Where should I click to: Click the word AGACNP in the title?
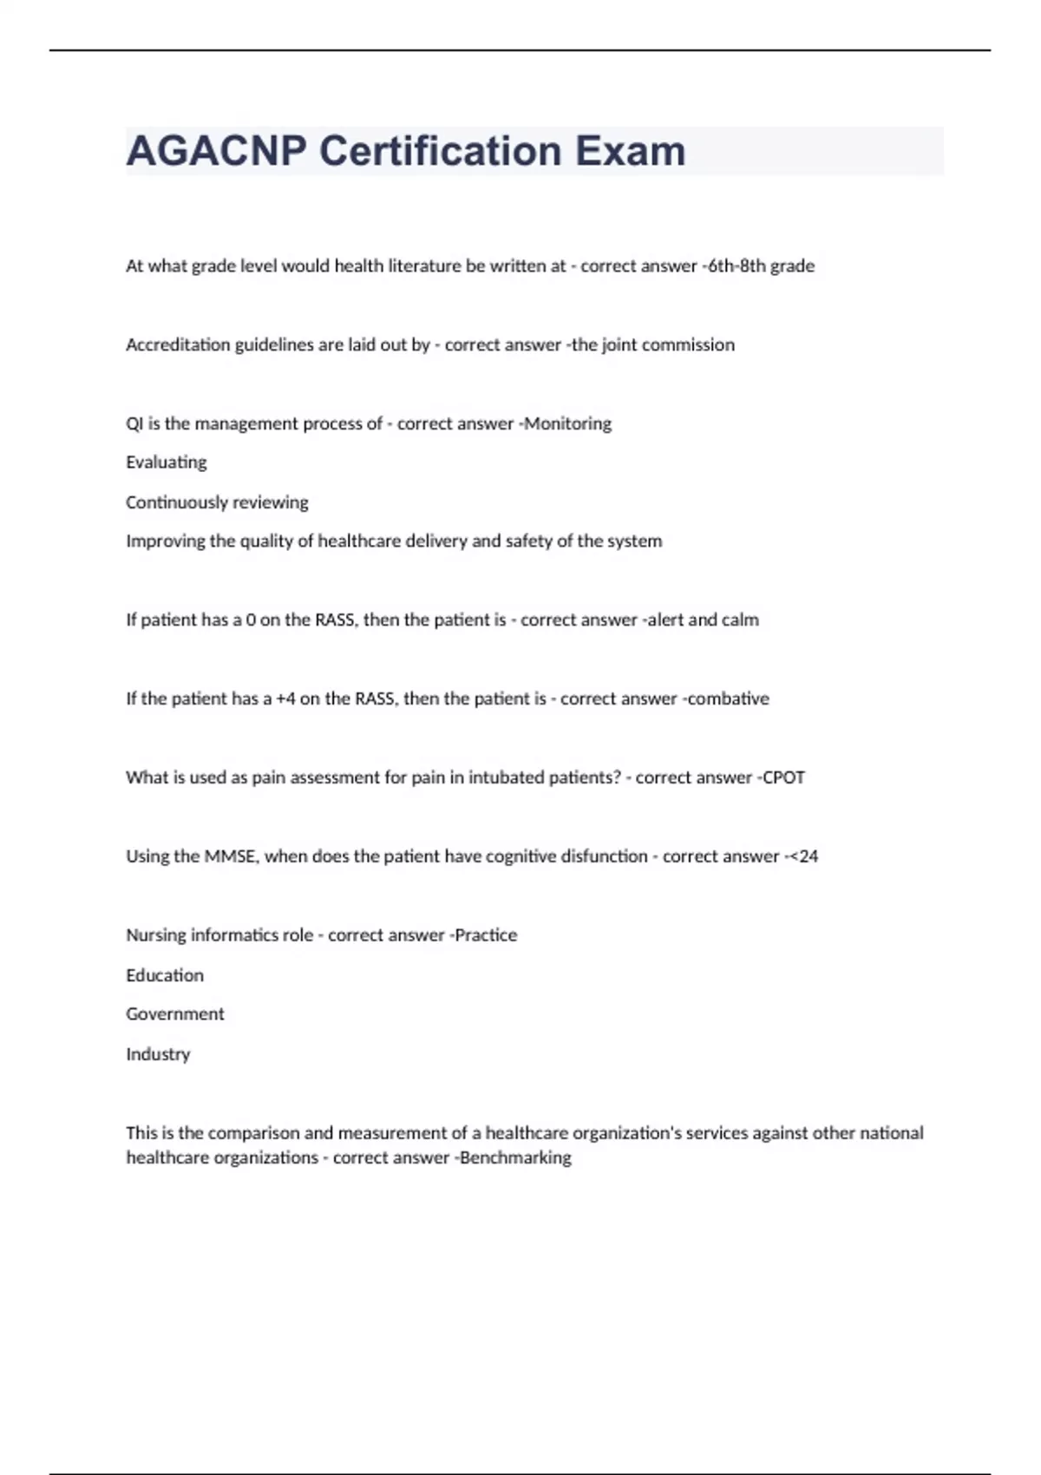216,151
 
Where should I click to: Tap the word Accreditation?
178,345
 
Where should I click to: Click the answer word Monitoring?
568,424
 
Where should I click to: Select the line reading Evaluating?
167,462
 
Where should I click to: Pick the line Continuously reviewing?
217,502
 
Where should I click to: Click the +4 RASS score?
285,699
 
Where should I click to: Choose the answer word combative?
728,699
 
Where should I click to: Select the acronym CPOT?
783,778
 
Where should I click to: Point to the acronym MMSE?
230,857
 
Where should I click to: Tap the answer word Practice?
486,935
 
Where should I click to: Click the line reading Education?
165,975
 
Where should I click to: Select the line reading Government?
175,1014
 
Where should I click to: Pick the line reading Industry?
158,1054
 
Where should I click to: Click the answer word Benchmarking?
515,1158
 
